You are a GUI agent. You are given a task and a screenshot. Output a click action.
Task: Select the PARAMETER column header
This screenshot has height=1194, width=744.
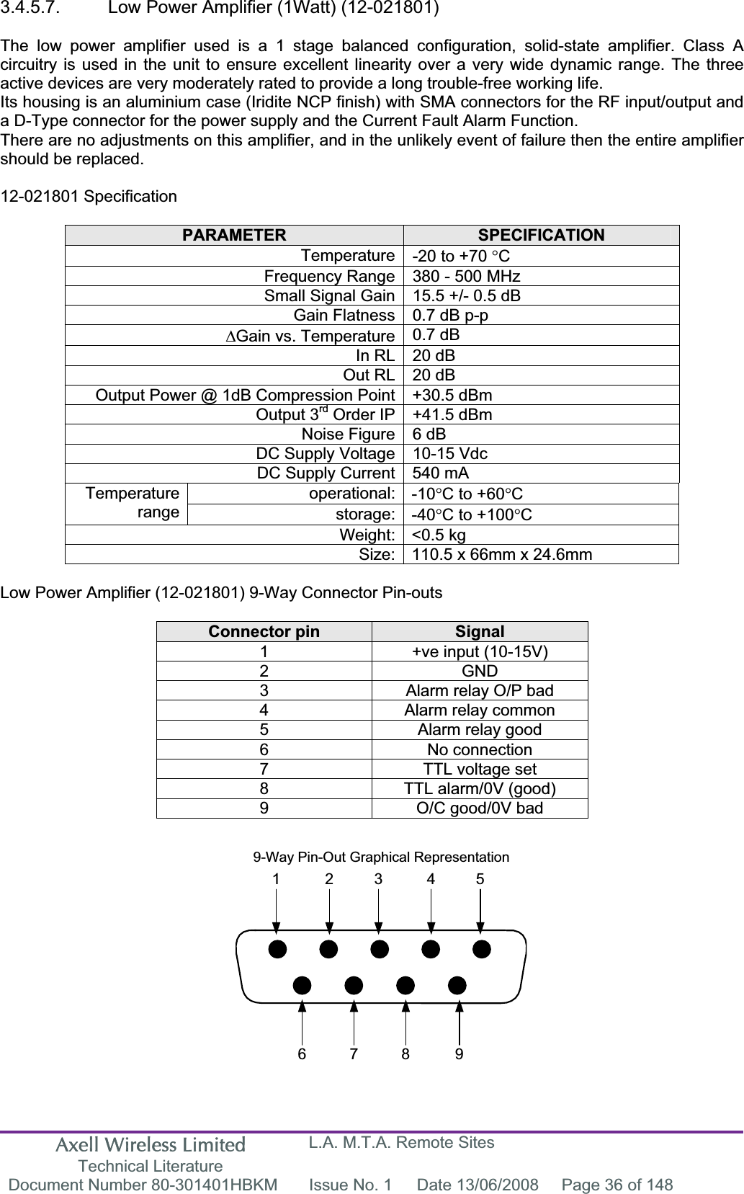click(x=234, y=236)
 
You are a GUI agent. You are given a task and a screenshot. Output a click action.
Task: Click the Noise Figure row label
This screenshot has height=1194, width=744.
click(x=348, y=435)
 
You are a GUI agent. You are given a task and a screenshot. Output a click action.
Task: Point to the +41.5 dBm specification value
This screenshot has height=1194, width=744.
click(x=452, y=415)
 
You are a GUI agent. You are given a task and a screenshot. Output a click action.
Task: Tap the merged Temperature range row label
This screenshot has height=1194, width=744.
click(x=133, y=503)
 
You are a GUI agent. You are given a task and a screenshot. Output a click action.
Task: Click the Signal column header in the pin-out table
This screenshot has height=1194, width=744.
click(x=480, y=632)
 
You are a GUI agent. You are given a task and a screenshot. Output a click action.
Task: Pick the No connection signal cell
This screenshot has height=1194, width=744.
click(x=480, y=749)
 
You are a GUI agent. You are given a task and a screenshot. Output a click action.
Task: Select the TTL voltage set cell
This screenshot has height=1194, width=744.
click(x=480, y=769)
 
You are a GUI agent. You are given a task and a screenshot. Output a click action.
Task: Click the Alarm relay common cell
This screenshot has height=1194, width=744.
click(x=480, y=710)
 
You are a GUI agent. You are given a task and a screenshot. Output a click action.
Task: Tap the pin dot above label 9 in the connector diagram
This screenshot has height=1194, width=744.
click(x=457, y=984)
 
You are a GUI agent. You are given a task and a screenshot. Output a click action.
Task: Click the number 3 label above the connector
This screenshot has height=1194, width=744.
click(x=378, y=879)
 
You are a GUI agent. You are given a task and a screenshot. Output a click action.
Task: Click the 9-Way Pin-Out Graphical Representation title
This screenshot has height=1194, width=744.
click(x=380, y=857)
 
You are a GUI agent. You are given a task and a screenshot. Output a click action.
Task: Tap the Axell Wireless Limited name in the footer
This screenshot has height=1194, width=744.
click(x=150, y=1144)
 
